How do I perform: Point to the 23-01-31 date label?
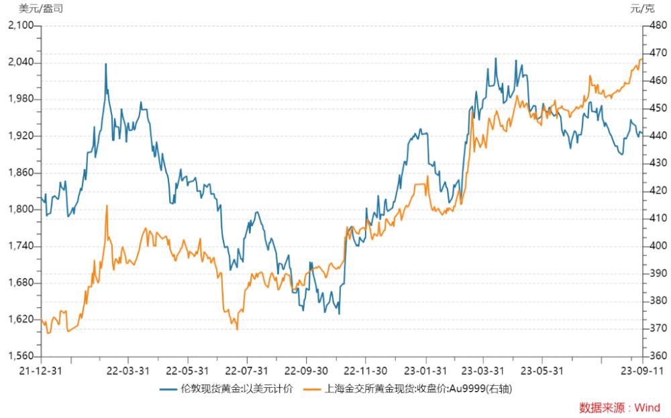(x=425, y=370)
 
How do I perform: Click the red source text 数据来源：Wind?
(x=619, y=408)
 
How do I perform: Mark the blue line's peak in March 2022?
(x=106, y=64)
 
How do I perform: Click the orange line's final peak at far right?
(x=641, y=59)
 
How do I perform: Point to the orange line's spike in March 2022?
(x=107, y=206)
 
